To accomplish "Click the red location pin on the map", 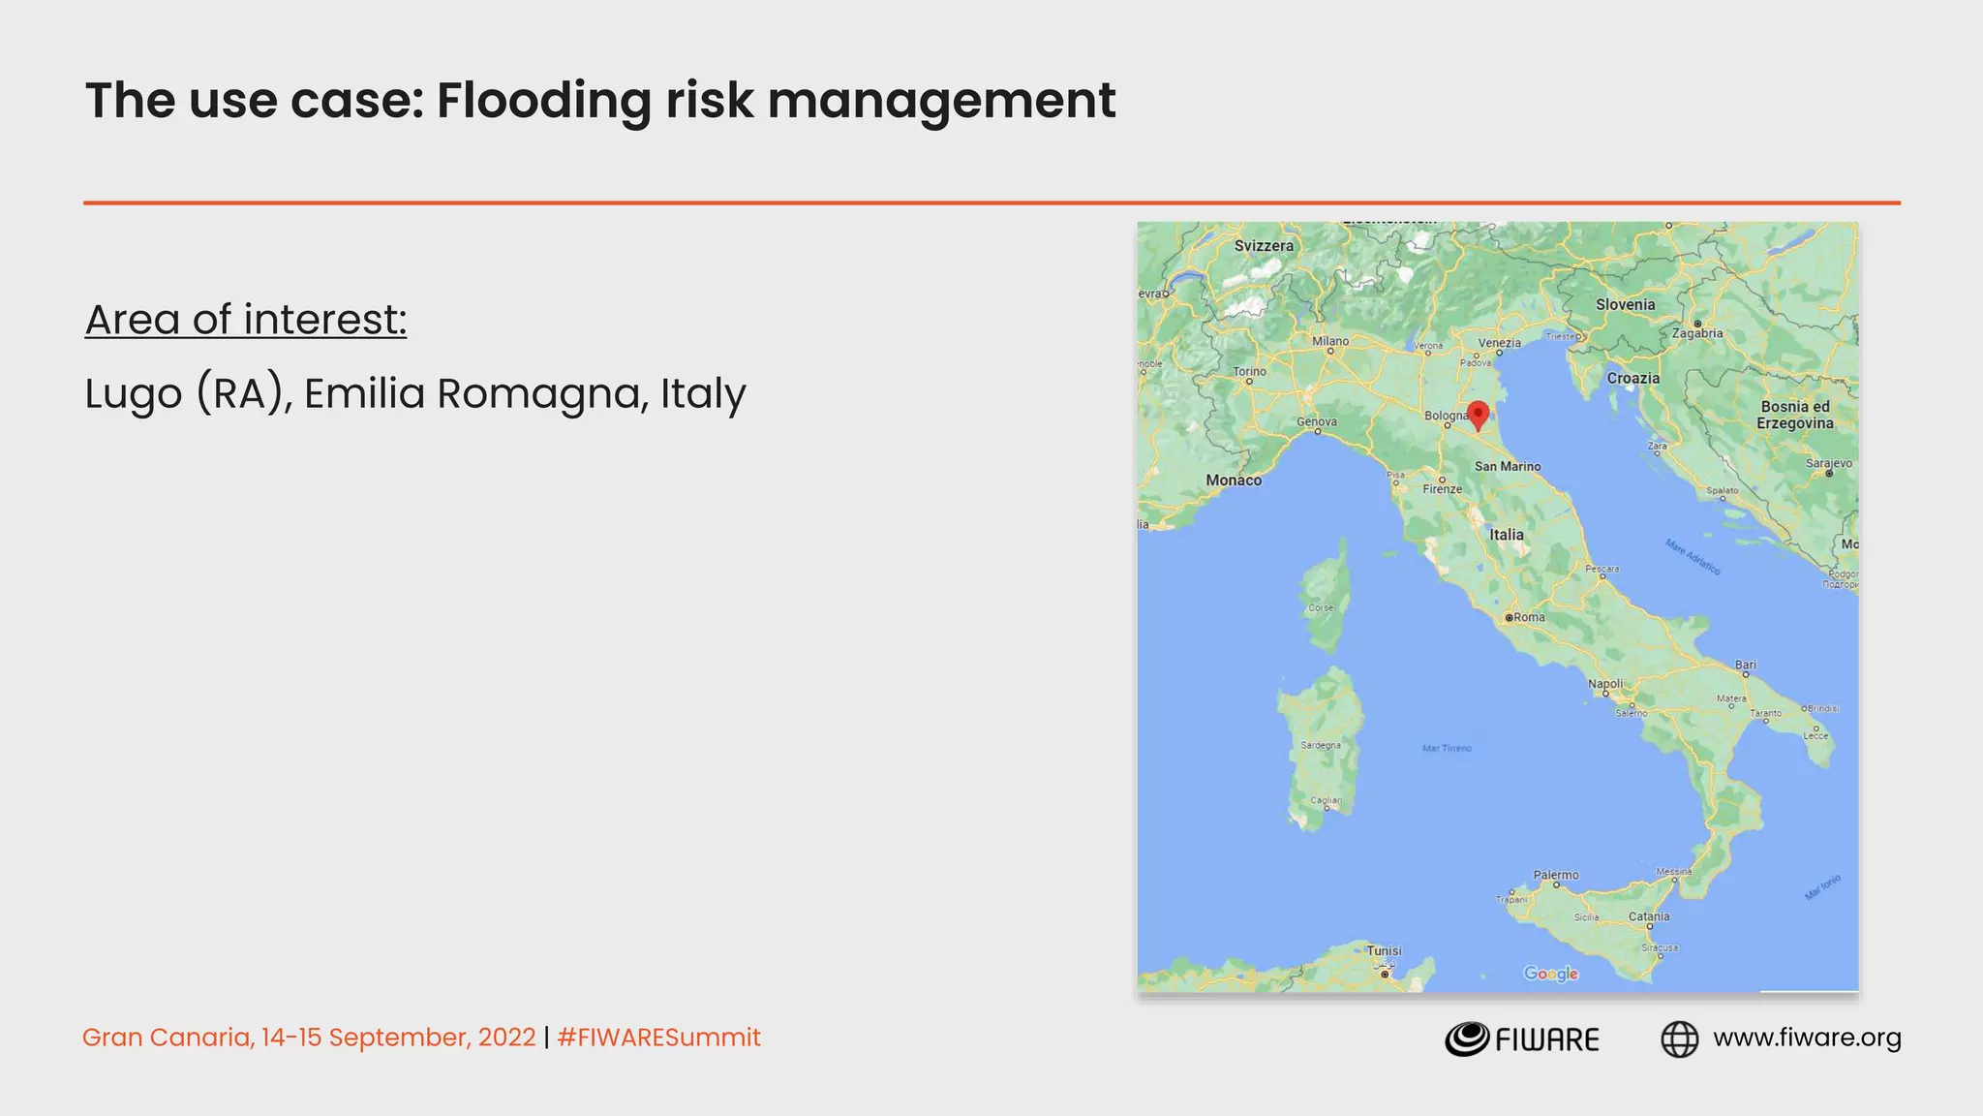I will tap(1478, 415).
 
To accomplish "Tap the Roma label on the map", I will tap(1529, 617).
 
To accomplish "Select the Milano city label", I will tap(1329, 341).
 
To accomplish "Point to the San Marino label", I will tap(1507, 466).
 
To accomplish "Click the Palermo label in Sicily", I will tap(1555, 875).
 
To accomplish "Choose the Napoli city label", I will tap(1604, 684).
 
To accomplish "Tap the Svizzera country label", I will tap(1263, 246).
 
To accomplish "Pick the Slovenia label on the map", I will tap(1625, 304).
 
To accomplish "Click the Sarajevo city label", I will tap(1828, 463).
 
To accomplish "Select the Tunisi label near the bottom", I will tap(1384, 950).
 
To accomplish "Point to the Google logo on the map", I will tap(1550, 974).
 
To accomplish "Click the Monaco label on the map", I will tap(1233, 480).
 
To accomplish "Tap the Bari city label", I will tap(1745, 665).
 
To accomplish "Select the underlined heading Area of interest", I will tap(246, 320).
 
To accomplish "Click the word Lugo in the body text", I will tap(134, 394).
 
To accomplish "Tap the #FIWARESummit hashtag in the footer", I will tap(658, 1038).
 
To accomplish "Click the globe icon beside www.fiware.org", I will tap(1679, 1038).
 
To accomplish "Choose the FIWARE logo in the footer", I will tap(1521, 1038).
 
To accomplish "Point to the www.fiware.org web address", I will tap(1807, 1038).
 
